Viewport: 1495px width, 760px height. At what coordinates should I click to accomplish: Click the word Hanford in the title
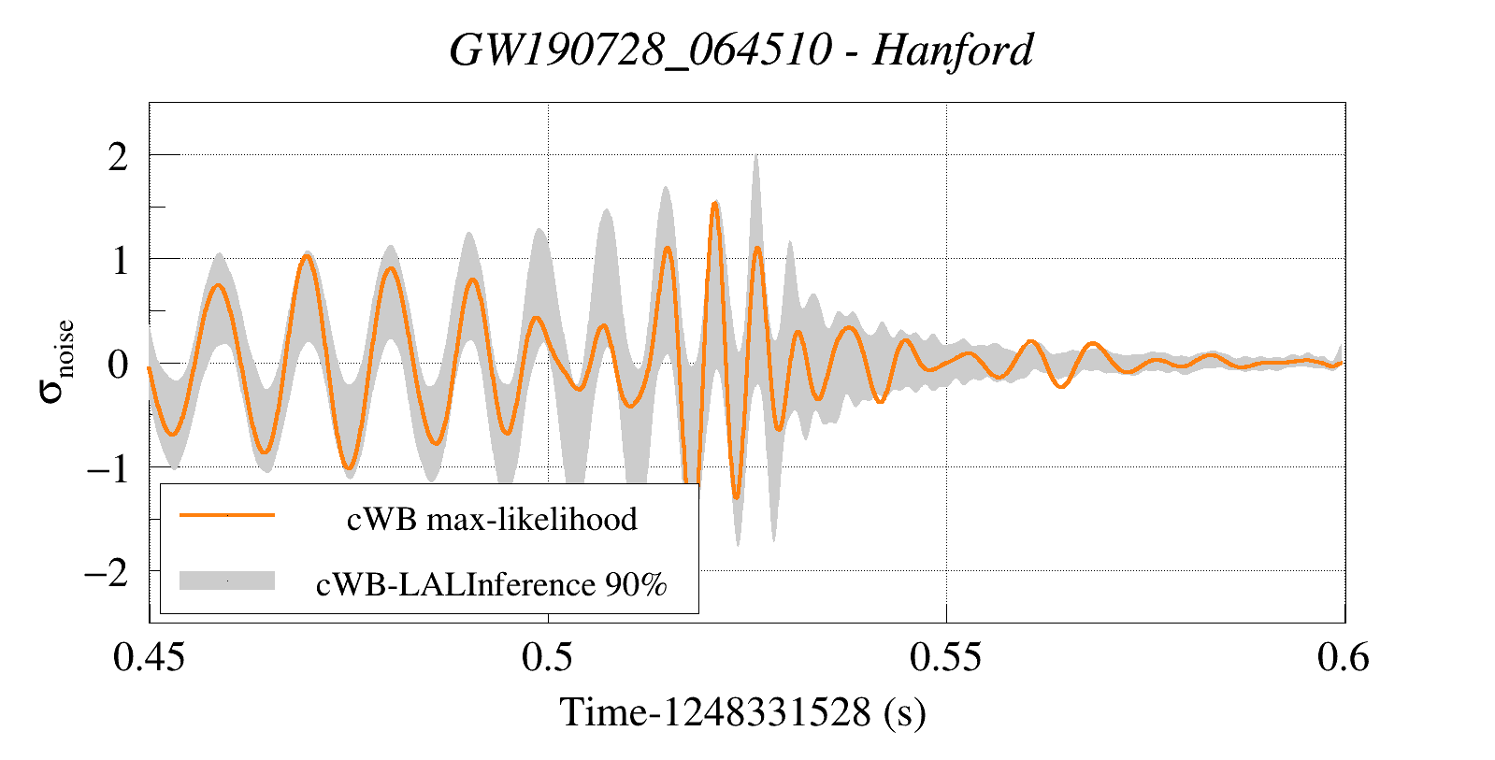953,50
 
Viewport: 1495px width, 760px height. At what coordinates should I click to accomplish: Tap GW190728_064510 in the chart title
640,50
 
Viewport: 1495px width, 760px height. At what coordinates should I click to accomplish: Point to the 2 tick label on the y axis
118,156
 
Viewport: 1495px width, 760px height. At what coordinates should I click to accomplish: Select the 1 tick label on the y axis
119,260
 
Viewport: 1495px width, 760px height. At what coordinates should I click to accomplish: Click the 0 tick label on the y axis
118,364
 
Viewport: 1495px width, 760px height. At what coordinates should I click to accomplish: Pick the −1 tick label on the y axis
108,468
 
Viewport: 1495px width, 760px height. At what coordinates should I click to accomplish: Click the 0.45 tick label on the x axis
149,657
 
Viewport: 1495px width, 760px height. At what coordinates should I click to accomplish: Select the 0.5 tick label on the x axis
547,657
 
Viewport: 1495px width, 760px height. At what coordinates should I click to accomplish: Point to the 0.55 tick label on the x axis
946,657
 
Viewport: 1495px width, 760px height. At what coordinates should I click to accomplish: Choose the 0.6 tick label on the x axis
1344,657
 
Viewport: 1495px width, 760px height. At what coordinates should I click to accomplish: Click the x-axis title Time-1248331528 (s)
743,712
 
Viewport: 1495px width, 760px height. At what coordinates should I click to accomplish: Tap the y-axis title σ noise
58,362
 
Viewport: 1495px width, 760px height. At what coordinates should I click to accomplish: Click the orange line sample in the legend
227,514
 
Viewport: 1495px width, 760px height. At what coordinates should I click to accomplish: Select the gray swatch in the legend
227,581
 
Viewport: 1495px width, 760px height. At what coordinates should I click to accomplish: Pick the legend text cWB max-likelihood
492,519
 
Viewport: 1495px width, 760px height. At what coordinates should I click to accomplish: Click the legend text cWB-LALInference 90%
492,584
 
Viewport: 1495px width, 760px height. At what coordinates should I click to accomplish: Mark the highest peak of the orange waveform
715,202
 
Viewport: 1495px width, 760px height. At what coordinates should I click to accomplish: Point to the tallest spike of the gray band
755,156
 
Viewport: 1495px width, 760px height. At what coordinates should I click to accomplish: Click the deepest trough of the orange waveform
737,497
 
